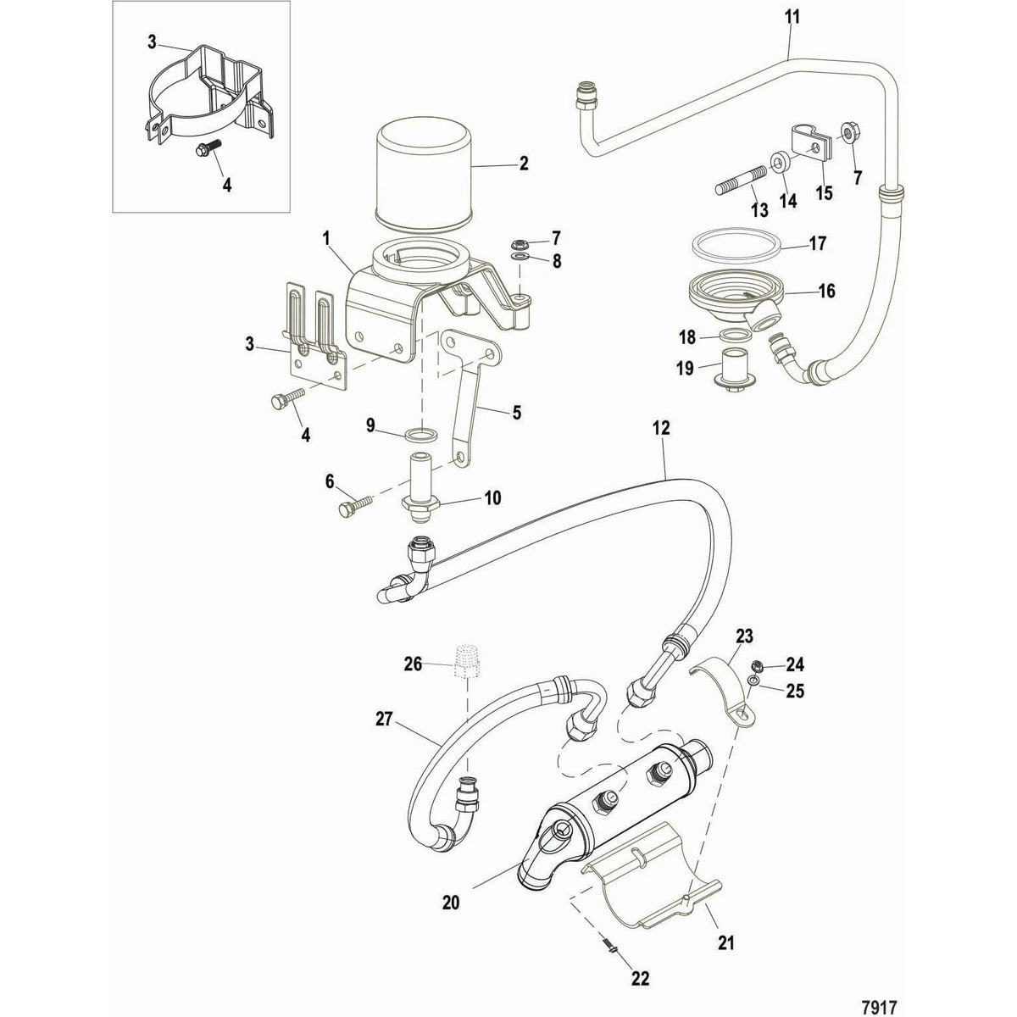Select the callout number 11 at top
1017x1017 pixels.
coord(792,17)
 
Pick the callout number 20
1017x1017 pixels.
coord(450,880)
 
